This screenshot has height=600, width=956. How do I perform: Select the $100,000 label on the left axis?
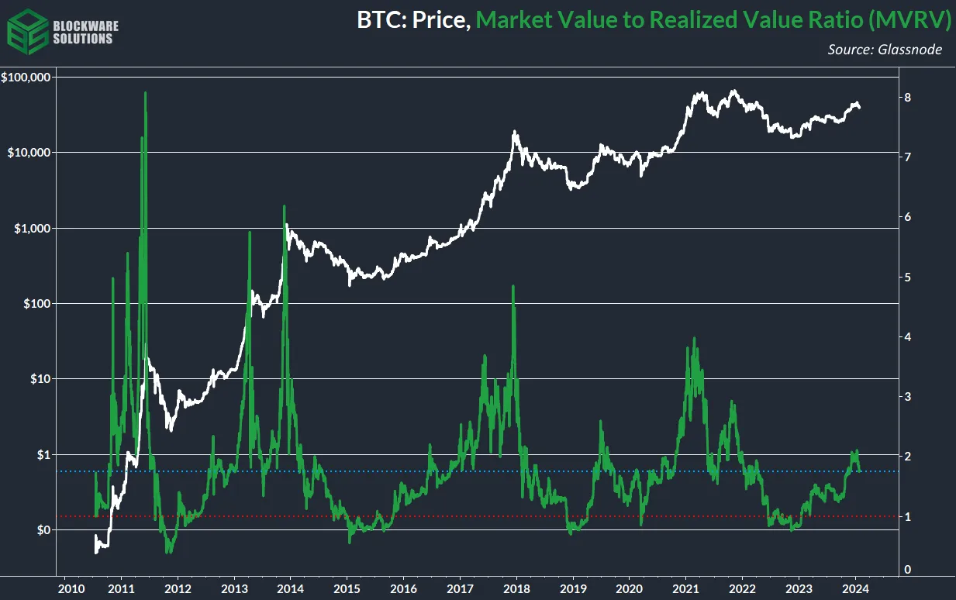(26, 78)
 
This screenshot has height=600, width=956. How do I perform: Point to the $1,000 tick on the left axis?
(31, 228)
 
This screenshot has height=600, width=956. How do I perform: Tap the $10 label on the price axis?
(37, 379)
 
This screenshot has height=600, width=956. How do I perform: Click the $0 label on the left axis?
(40, 530)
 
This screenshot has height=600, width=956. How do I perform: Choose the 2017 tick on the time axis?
(461, 588)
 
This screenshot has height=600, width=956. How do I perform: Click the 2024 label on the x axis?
(856, 588)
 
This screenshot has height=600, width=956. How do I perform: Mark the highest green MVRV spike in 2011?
(146, 93)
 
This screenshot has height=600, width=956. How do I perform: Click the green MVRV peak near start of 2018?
(513, 287)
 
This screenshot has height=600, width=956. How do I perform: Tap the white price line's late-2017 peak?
(514, 133)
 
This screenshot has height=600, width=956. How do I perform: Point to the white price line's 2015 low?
(350, 284)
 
